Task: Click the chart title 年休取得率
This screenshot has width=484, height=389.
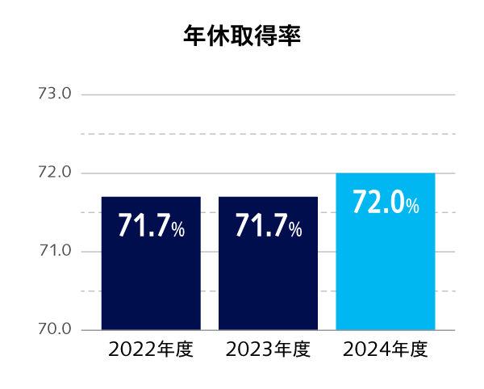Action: [x=242, y=36]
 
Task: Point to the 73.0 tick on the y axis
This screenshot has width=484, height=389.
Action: [x=56, y=94]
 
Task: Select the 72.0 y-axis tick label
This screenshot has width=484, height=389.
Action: [x=56, y=173]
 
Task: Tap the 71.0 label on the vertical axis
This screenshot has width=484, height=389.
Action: [x=56, y=251]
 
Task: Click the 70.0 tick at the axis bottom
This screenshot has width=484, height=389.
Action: [x=56, y=329]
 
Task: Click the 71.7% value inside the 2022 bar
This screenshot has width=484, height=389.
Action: [x=151, y=227]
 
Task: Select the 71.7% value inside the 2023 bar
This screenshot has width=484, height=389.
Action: [x=268, y=227]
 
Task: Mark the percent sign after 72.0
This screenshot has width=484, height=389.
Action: [x=412, y=207]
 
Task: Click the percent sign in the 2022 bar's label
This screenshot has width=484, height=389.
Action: [x=178, y=230]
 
